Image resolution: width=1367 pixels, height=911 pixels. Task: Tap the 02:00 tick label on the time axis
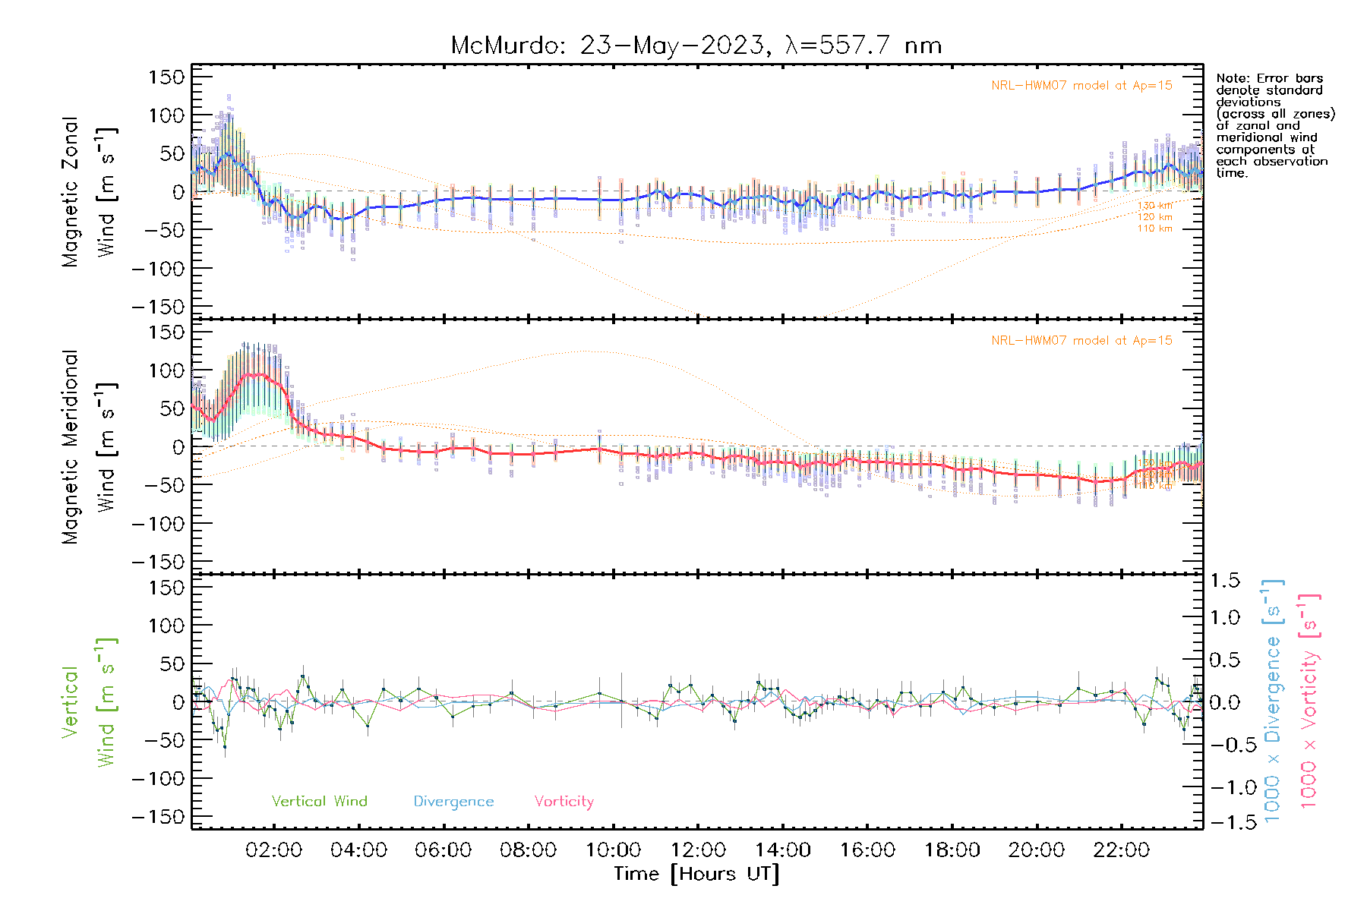coord(273,850)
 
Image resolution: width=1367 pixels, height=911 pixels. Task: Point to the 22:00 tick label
coord(1121,850)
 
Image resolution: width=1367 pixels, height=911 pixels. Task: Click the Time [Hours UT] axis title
coord(696,874)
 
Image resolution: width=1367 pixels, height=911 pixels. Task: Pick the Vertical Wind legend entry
coord(319,801)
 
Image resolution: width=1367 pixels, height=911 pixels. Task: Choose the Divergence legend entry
coord(453,801)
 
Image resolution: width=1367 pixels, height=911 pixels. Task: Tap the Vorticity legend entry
coord(564,801)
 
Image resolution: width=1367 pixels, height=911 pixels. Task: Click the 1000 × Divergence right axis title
coord(1272,700)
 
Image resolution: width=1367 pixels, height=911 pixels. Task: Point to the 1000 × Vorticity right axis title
coord(1309,700)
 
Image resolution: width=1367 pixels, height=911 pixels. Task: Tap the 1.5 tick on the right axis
coord(1224,581)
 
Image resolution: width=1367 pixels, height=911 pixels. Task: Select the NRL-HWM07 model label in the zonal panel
coord(1081,86)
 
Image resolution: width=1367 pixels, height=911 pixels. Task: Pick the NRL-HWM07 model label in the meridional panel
coord(1081,341)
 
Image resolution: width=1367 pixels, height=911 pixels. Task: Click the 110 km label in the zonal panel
coord(1154,229)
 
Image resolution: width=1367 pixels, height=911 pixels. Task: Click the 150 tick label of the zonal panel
coord(166,77)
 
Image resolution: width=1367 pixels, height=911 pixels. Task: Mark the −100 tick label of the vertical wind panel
coord(159,779)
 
